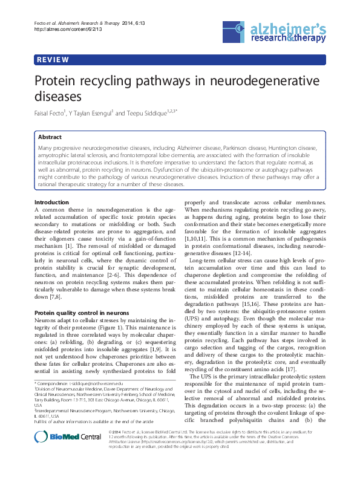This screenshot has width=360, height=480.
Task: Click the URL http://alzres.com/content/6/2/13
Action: pyautogui.click(x=59, y=29)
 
